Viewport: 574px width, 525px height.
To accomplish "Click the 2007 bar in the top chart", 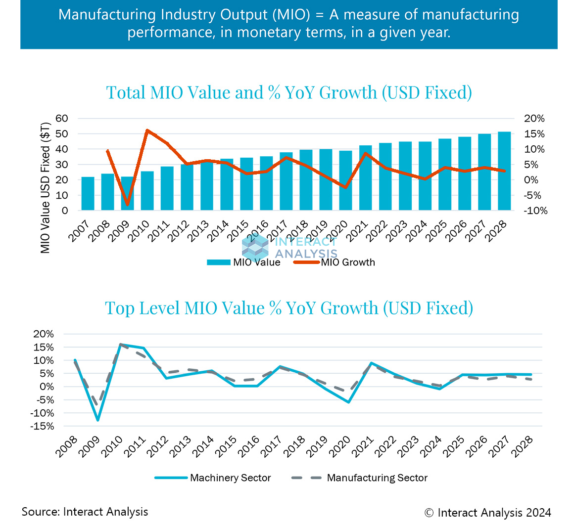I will coord(88,194).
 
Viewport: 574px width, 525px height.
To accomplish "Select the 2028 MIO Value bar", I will coord(504,171).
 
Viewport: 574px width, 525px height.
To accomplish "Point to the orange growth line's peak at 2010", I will coord(147,131).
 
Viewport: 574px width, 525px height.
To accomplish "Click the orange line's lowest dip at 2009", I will coord(128,204).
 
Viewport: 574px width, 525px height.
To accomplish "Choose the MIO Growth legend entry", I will coord(348,262).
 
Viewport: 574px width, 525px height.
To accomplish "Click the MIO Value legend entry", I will coord(256,262).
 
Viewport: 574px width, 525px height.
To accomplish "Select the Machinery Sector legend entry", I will coord(230,478).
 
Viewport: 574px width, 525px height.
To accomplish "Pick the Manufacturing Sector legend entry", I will coord(377,478).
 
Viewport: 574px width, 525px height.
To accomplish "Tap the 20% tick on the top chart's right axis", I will coord(534,119).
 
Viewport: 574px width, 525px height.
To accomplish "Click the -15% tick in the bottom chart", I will coord(43,426).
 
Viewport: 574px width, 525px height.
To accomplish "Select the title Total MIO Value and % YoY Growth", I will coord(289,92).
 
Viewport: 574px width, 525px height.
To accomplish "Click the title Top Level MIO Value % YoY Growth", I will coord(289,308).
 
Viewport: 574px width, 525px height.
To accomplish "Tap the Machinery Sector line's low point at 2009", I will coord(98,420).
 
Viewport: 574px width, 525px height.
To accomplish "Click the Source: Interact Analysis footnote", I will coord(85,511).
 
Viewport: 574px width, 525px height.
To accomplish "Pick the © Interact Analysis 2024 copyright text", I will coord(487,512).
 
